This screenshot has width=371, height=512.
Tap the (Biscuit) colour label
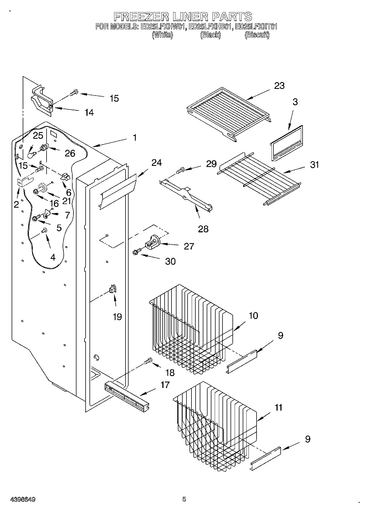(x=257, y=35)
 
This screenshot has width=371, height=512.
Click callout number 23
(x=279, y=86)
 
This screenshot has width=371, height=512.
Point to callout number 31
(x=314, y=165)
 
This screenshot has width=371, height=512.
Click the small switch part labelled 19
(x=113, y=289)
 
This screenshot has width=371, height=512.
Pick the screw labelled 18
(x=148, y=361)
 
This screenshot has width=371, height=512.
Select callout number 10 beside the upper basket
(x=253, y=316)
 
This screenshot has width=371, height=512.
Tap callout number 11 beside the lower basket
(x=278, y=408)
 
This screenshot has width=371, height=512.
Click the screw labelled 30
(x=136, y=252)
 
